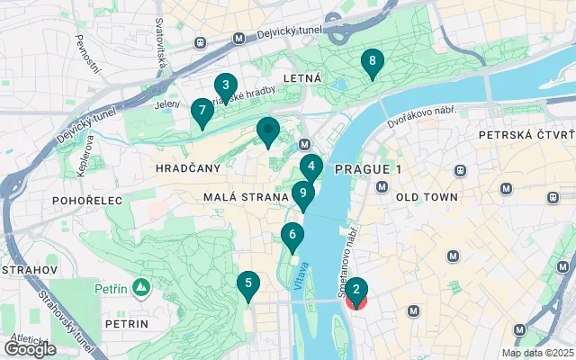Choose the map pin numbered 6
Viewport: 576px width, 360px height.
coord(291,237)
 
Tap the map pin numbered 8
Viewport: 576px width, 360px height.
coord(372,62)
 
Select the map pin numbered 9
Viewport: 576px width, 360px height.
coord(303,193)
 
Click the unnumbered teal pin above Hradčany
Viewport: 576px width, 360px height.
coord(268,131)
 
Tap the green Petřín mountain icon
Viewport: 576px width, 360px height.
coord(140,288)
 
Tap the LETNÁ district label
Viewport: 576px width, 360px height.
coord(302,79)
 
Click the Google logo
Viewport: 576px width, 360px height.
coord(30,348)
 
